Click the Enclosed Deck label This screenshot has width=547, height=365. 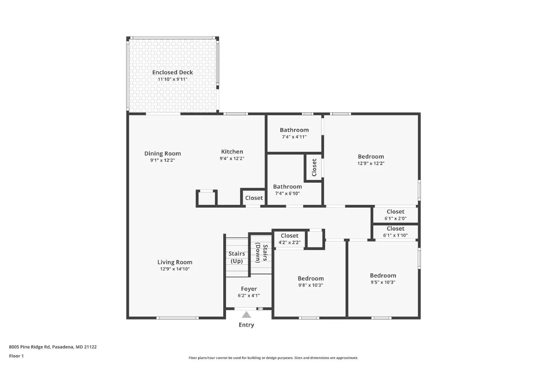point(172,72)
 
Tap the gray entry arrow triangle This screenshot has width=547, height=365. point(246,315)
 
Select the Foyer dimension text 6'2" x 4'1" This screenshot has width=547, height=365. point(249,296)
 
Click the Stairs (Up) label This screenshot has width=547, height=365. point(237,257)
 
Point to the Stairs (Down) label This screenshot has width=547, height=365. point(262,253)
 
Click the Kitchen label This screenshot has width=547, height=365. point(232,152)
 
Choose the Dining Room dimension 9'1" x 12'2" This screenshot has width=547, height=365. point(162,160)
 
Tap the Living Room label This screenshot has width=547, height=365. point(175,262)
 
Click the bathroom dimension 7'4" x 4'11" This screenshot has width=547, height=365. point(294,137)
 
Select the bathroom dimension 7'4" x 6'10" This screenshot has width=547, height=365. point(287,193)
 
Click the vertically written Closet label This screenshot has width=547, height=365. point(314,167)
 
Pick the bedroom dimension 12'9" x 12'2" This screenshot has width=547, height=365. point(371,163)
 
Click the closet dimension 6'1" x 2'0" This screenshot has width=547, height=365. point(395,218)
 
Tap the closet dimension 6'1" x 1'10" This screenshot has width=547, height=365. point(395,235)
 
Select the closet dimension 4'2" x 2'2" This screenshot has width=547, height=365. point(289,243)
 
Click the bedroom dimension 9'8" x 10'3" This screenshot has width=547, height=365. point(310,285)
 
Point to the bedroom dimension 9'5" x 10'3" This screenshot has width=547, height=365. point(383,282)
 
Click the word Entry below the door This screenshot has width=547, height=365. point(246,325)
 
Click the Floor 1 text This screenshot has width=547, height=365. point(16,356)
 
